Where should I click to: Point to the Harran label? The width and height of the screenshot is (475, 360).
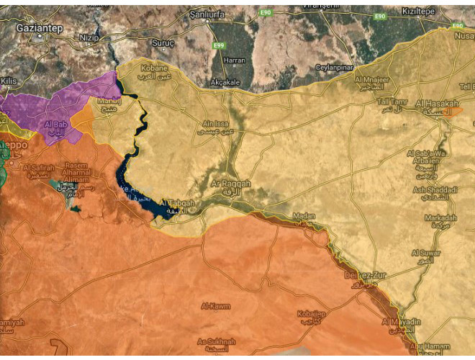[235, 60]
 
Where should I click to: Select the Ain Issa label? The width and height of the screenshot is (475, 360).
[219, 124]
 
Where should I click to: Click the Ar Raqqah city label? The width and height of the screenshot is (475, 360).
[230, 184]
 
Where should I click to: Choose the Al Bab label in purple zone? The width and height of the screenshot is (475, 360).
[56, 125]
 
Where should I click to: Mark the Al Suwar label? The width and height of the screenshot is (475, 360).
[425, 253]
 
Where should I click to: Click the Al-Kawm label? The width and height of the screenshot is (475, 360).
[216, 306]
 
